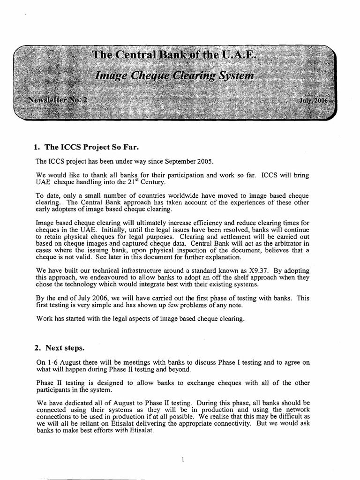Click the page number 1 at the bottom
point(181,459)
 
